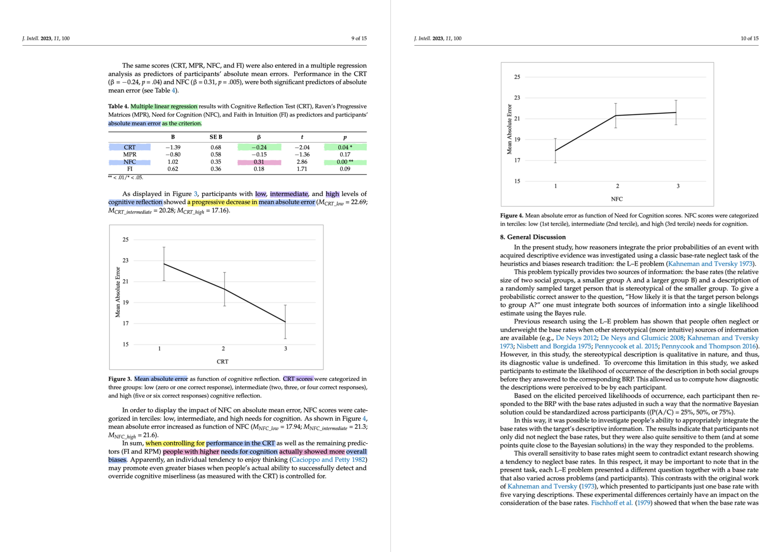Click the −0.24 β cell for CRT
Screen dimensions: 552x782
tap(259, 147)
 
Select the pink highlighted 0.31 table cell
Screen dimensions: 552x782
tap(259, 162)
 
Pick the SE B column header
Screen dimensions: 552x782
tap(216, 137)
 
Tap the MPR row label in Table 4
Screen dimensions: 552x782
tap(130, 155)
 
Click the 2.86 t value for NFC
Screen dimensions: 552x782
tap(302, 162)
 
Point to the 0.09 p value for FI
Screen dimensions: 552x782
tap(345, 169)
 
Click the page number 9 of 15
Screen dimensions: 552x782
tap(359, 38)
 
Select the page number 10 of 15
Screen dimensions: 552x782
tap(749, 38)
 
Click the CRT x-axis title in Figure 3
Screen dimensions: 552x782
tap(222, 362)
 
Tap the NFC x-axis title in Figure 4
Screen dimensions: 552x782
tap(616, 199)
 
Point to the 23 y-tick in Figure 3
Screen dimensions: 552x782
tap(126, 260)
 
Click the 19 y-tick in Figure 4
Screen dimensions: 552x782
tap(517, 140)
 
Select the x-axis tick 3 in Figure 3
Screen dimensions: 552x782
tap(286, 349)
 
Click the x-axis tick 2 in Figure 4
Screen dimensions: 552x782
tap(617, 186)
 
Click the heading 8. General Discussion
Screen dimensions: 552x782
tap(532, 237)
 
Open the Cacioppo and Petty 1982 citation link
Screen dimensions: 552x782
tap(328, 460)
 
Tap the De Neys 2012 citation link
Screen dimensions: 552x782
tap(576, 338)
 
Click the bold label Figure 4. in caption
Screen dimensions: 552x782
tap(511, 216)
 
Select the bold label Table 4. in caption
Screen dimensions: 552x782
tap(118, 107)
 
